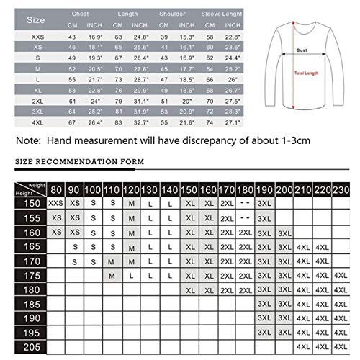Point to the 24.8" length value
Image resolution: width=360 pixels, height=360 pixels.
141,35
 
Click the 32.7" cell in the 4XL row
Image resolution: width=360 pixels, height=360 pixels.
141,123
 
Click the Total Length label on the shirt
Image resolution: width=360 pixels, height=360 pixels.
305,73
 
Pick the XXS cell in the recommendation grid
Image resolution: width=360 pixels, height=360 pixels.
55,204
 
